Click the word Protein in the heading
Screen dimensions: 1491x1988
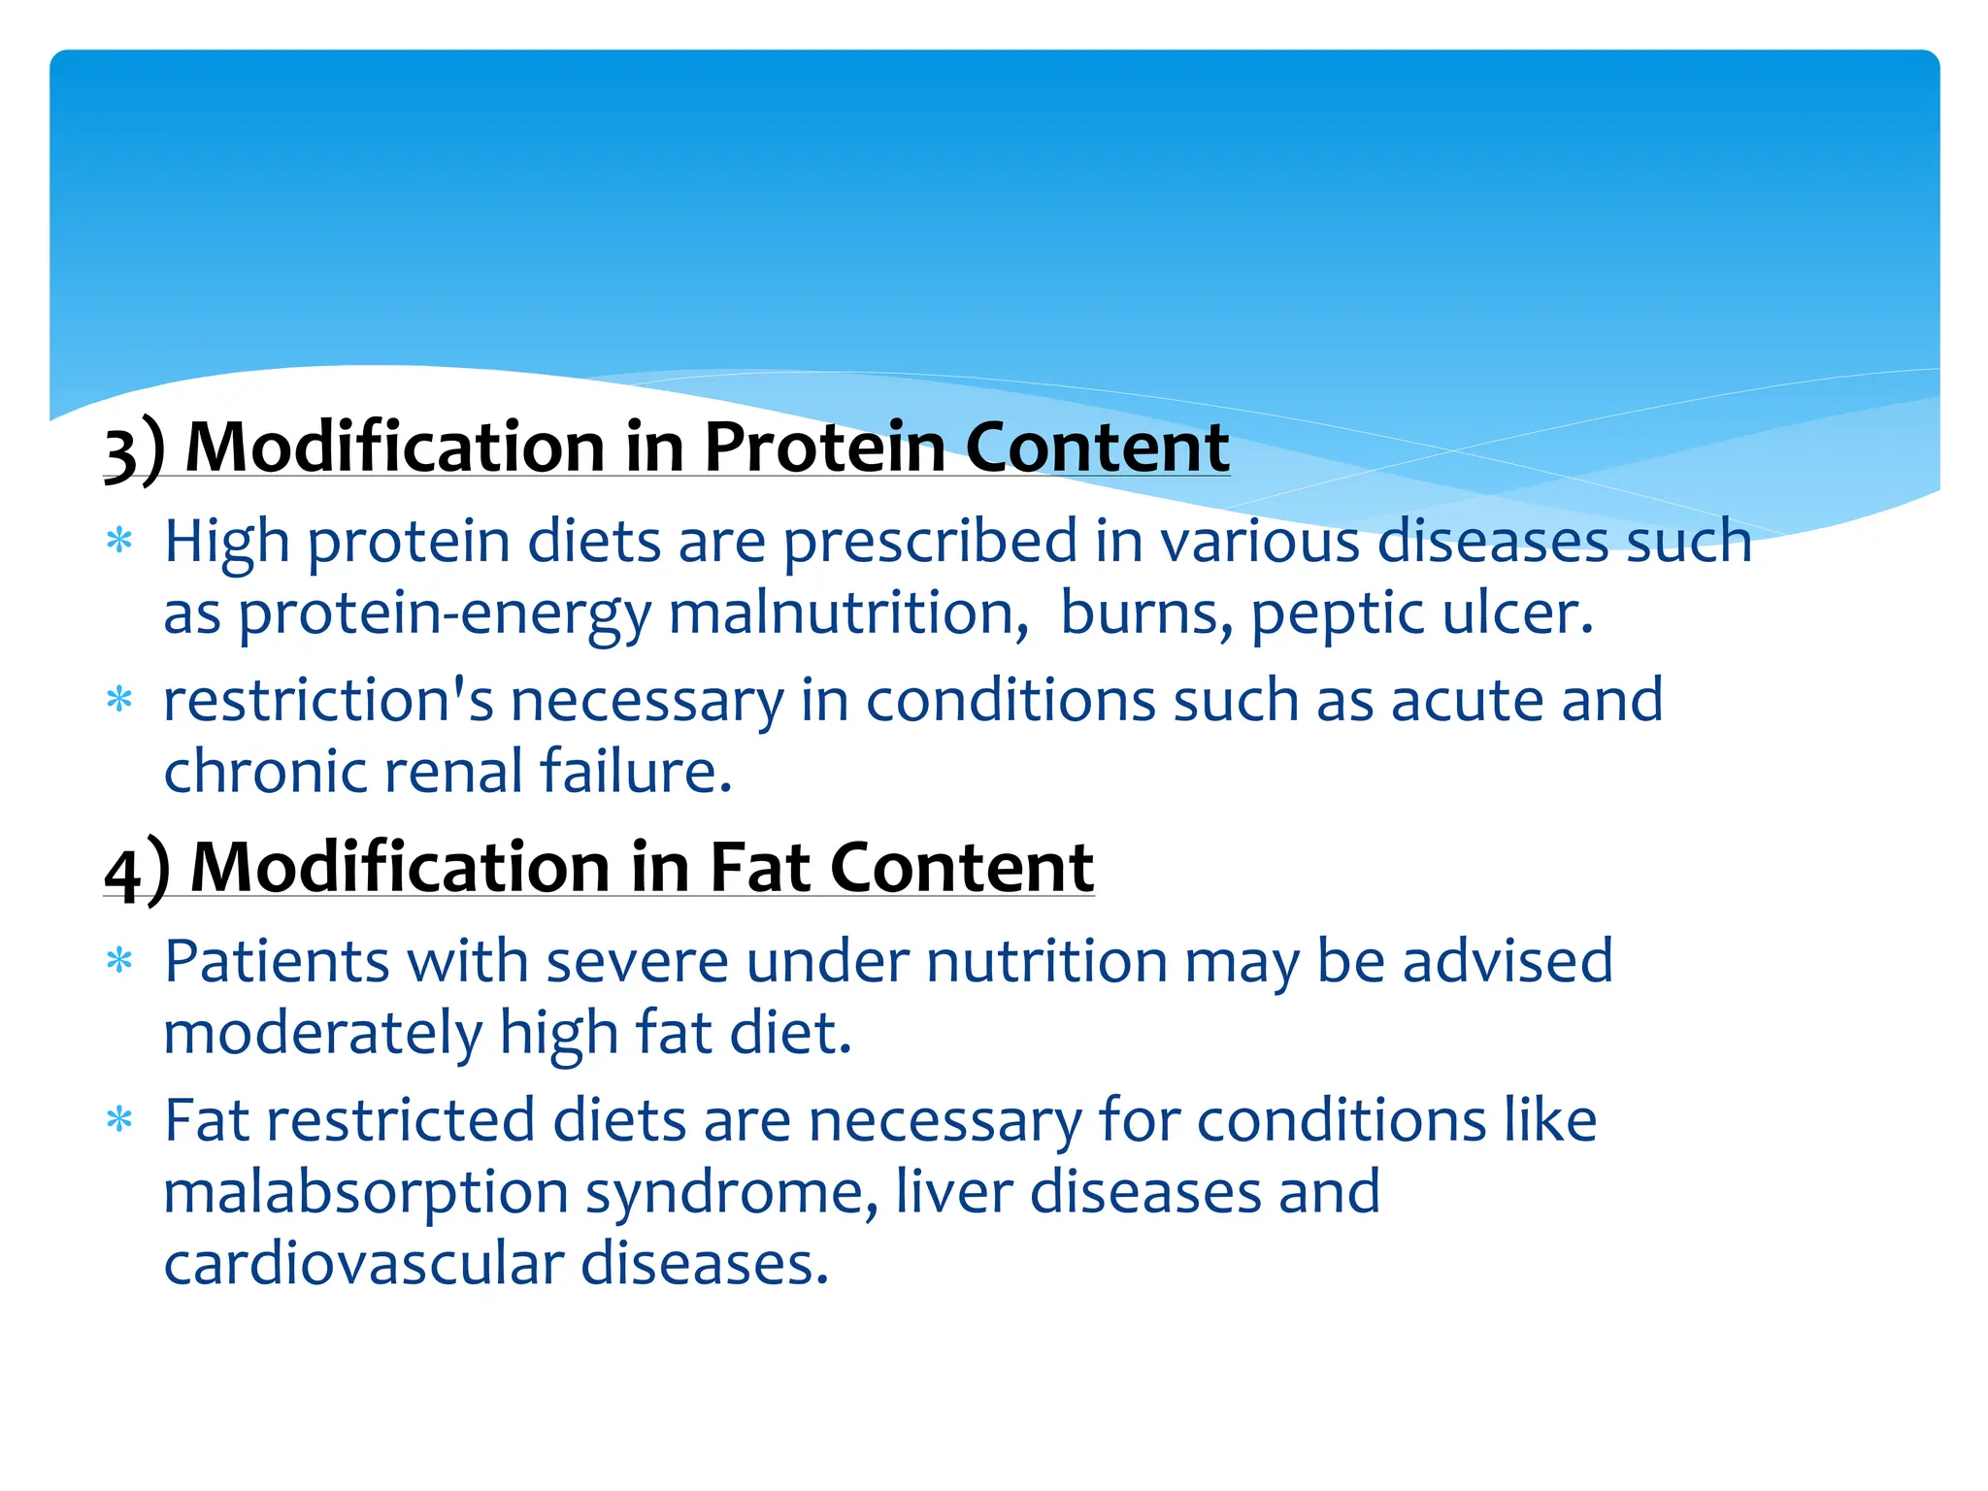tap(824, 447)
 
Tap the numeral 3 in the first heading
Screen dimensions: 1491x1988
tap(119, 452)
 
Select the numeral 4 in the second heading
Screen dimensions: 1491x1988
tap(123, 872)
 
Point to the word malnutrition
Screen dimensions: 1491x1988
tap(847, 614)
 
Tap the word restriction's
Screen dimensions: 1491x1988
tap(328, 700)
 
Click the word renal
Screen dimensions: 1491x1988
tap(453, 772)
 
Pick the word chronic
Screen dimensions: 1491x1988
tap(264, 772)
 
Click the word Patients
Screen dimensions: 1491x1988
tap(277, 962)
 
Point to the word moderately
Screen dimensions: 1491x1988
tap(322, 1033)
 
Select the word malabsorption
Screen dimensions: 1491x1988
tap(365, 1194)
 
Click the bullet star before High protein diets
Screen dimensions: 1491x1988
tap(118, 540)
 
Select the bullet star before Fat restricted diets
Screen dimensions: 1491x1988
tap(118, 1120)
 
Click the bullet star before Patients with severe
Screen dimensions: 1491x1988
tap(118, 961)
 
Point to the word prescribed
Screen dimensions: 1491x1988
tap(929, 542)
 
